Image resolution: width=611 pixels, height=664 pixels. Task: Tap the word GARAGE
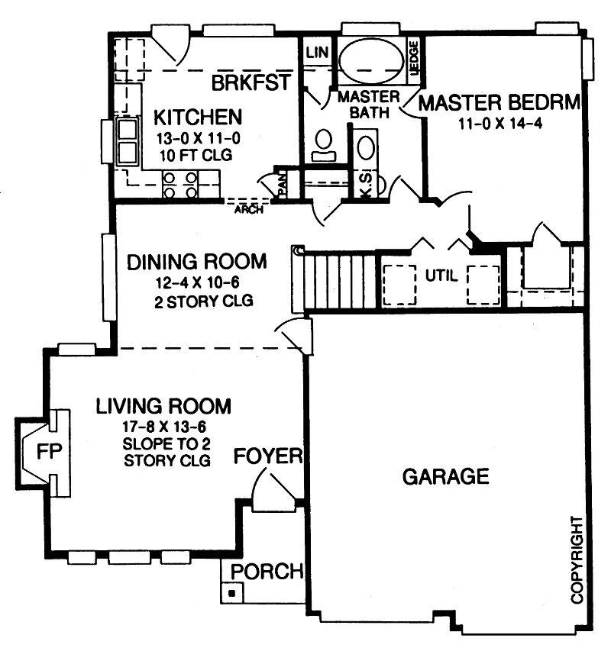pyautogui.click(x=445, y=477)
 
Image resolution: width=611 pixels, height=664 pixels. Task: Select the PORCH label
pyautogui.click(x=267, y=572)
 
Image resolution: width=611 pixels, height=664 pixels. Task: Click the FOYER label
pyautogui.click(x=268, y=457)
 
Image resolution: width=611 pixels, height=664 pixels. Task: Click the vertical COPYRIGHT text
pyautogui.click(x=577, y=560)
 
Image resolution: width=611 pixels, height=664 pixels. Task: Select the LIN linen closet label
pyautogui.click(x=316, y=53)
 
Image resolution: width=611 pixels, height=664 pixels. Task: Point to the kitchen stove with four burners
pyautogui.click(x=180, y=184)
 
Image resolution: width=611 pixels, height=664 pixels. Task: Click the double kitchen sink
pyautogui.click(x=126, y=142)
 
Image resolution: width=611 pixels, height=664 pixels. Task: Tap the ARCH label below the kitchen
pyautogui.click(x=250, y=209)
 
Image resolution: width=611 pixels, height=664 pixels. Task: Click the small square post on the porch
pyautogui.click(x=231, y=591)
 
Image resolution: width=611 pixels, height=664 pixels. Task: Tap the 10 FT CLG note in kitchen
pyautogui.click(x=196, y=155)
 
